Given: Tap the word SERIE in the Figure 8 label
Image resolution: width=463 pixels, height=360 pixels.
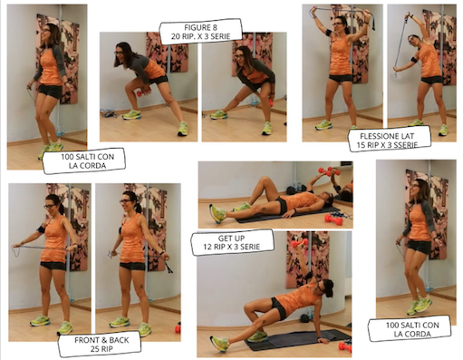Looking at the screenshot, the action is pos(220,36).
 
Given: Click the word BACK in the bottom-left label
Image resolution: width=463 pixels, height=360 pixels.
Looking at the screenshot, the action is pos(119,340).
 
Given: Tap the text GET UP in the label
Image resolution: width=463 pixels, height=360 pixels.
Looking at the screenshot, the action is pos(231,238).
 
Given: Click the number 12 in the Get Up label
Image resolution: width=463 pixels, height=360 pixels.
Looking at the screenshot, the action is pos(207,247).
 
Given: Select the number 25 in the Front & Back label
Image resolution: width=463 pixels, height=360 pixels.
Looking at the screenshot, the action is pos(94,349).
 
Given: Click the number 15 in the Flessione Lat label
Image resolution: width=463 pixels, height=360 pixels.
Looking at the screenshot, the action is pos(361,145).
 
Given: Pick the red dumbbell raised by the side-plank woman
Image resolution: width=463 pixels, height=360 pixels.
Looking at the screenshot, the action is pos(300,242).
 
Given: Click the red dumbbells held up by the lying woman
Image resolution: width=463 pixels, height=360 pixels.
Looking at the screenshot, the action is pos(329,171).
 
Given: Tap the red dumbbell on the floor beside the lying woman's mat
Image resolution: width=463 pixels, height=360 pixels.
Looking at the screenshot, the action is pos(333,219).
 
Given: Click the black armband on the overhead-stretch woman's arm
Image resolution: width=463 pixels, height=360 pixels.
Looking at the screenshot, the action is pos(329,33).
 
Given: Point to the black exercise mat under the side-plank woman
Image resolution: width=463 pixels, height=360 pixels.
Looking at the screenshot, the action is pos(298,340).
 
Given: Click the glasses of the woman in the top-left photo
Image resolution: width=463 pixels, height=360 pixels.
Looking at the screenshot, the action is pos(45,30).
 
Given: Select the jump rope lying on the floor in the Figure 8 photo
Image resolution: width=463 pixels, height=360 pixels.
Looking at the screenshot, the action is pos(110,113).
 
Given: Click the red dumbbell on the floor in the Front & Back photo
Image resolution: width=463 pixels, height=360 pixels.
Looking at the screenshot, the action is pos(178,328).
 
